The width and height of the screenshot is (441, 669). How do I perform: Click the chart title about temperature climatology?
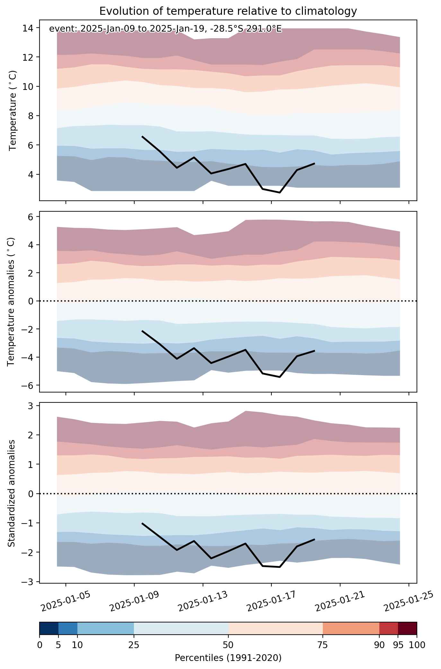point(228,11)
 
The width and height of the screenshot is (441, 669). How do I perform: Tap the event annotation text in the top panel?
point(165,29)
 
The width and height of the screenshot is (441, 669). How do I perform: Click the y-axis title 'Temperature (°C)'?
point(13,110)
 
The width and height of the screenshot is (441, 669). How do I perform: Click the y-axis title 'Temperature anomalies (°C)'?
point(11,302)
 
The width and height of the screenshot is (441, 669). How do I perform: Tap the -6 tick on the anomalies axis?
point(28,385)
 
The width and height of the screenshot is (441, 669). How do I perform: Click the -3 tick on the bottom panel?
point(28,582)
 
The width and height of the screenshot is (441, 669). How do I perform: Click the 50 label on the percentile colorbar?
point(228,645)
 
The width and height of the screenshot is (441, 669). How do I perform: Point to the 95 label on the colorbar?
point(398,645)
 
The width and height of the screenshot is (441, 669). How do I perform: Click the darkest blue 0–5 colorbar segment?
point(49,629)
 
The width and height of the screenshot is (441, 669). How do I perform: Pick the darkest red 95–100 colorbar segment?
point(407,629)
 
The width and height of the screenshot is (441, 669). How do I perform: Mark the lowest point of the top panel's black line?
point(280,193)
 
